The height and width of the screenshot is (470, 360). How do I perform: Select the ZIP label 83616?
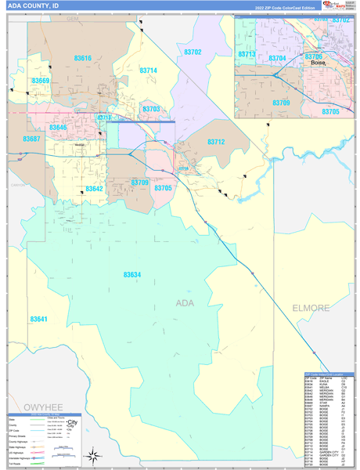[x=82, y=59]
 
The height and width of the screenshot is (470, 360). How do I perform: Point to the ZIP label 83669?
[x=41, y=81]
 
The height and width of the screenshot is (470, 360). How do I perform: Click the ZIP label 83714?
[x=149, y=70]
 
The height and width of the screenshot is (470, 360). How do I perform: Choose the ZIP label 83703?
[x=151, y=110]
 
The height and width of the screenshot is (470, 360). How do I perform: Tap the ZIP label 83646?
[x=58, y=127]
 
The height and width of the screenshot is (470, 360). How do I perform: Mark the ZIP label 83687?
[x=31, y=139]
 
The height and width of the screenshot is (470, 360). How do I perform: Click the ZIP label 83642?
[x=94, y=189]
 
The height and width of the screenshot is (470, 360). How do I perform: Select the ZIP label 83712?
[x=216, y=142]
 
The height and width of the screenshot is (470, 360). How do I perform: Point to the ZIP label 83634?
[x=132, y=274]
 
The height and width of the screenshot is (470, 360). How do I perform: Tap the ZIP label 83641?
[x=38, y=319]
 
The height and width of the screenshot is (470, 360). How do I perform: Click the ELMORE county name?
[x=311, y=308]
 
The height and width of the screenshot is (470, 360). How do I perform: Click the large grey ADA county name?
[x=185, y=303]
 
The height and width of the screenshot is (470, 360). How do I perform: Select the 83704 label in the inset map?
[x=277, y=58]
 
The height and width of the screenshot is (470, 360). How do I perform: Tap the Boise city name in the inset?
[x=317, y=63]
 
